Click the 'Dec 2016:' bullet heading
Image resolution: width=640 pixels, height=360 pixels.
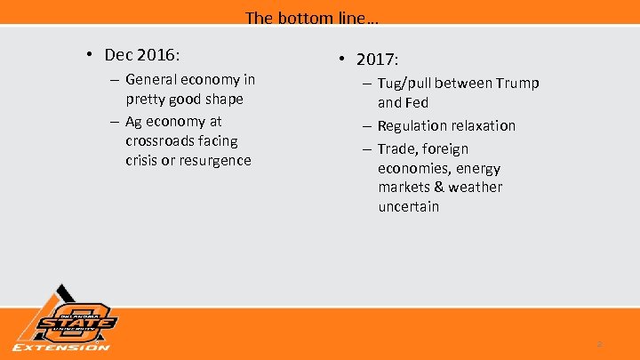pyautogui.click(x=148, y=54)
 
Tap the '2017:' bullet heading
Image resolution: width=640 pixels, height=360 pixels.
pyautogui.click(x=378, y=60)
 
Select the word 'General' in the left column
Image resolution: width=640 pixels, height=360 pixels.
pyautogui.click(x=152, y=80)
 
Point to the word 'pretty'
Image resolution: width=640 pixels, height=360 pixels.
pyautogui.click(x=144, y=100)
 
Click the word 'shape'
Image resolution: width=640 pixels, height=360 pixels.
pyautogui.click(x=222, y=100)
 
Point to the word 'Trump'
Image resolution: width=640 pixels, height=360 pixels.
pyautogui.click(x=518, y=84)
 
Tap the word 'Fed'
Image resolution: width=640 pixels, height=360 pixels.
pyautogui.click(x=418, y=102)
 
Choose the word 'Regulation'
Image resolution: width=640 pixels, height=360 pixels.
pyautogui.click(x=412, y=125)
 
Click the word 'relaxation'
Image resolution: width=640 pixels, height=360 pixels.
pyautogui.click(x=484, y=125)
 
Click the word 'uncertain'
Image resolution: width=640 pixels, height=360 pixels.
pyautogui.click(x=409, y=206)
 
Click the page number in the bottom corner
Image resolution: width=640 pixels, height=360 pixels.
pyautogui.click(x=599, y=344)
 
